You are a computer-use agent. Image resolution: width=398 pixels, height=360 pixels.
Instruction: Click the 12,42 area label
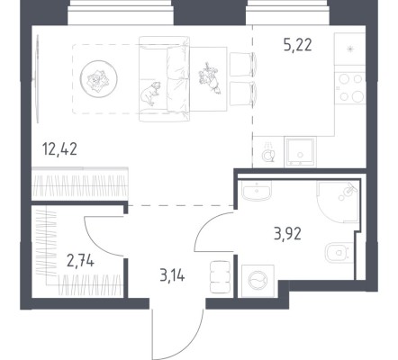point(60,149)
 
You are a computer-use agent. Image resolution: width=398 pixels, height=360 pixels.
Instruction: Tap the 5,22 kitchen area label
point(298,45)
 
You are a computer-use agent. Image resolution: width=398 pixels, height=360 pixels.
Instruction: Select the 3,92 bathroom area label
point(287,234)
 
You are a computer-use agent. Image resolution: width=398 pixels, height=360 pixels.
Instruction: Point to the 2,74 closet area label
point(80,260)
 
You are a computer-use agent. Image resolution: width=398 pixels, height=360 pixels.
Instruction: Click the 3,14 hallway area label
point(172,275)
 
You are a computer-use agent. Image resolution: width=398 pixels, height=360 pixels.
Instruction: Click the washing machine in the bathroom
point(258,281)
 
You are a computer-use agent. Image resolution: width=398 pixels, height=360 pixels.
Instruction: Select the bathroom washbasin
point(257,191)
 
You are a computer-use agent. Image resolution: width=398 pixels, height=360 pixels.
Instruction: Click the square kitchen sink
point(300,152)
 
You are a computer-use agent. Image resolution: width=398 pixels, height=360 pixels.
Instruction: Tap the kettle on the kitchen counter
point(268,153)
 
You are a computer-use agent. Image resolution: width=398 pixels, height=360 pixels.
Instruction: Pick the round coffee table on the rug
point(98,79)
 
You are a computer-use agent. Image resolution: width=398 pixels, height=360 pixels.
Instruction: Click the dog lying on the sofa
point(150,93)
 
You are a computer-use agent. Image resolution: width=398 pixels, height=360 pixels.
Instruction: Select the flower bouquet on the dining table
point(209,78)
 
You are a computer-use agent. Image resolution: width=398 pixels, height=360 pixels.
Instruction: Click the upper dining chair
point(243,64)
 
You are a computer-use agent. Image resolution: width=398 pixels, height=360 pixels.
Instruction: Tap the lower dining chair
point(243,94)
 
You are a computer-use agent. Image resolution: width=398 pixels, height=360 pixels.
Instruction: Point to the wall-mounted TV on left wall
point(38,79)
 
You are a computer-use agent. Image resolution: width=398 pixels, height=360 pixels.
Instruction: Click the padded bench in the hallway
point(221,277)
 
